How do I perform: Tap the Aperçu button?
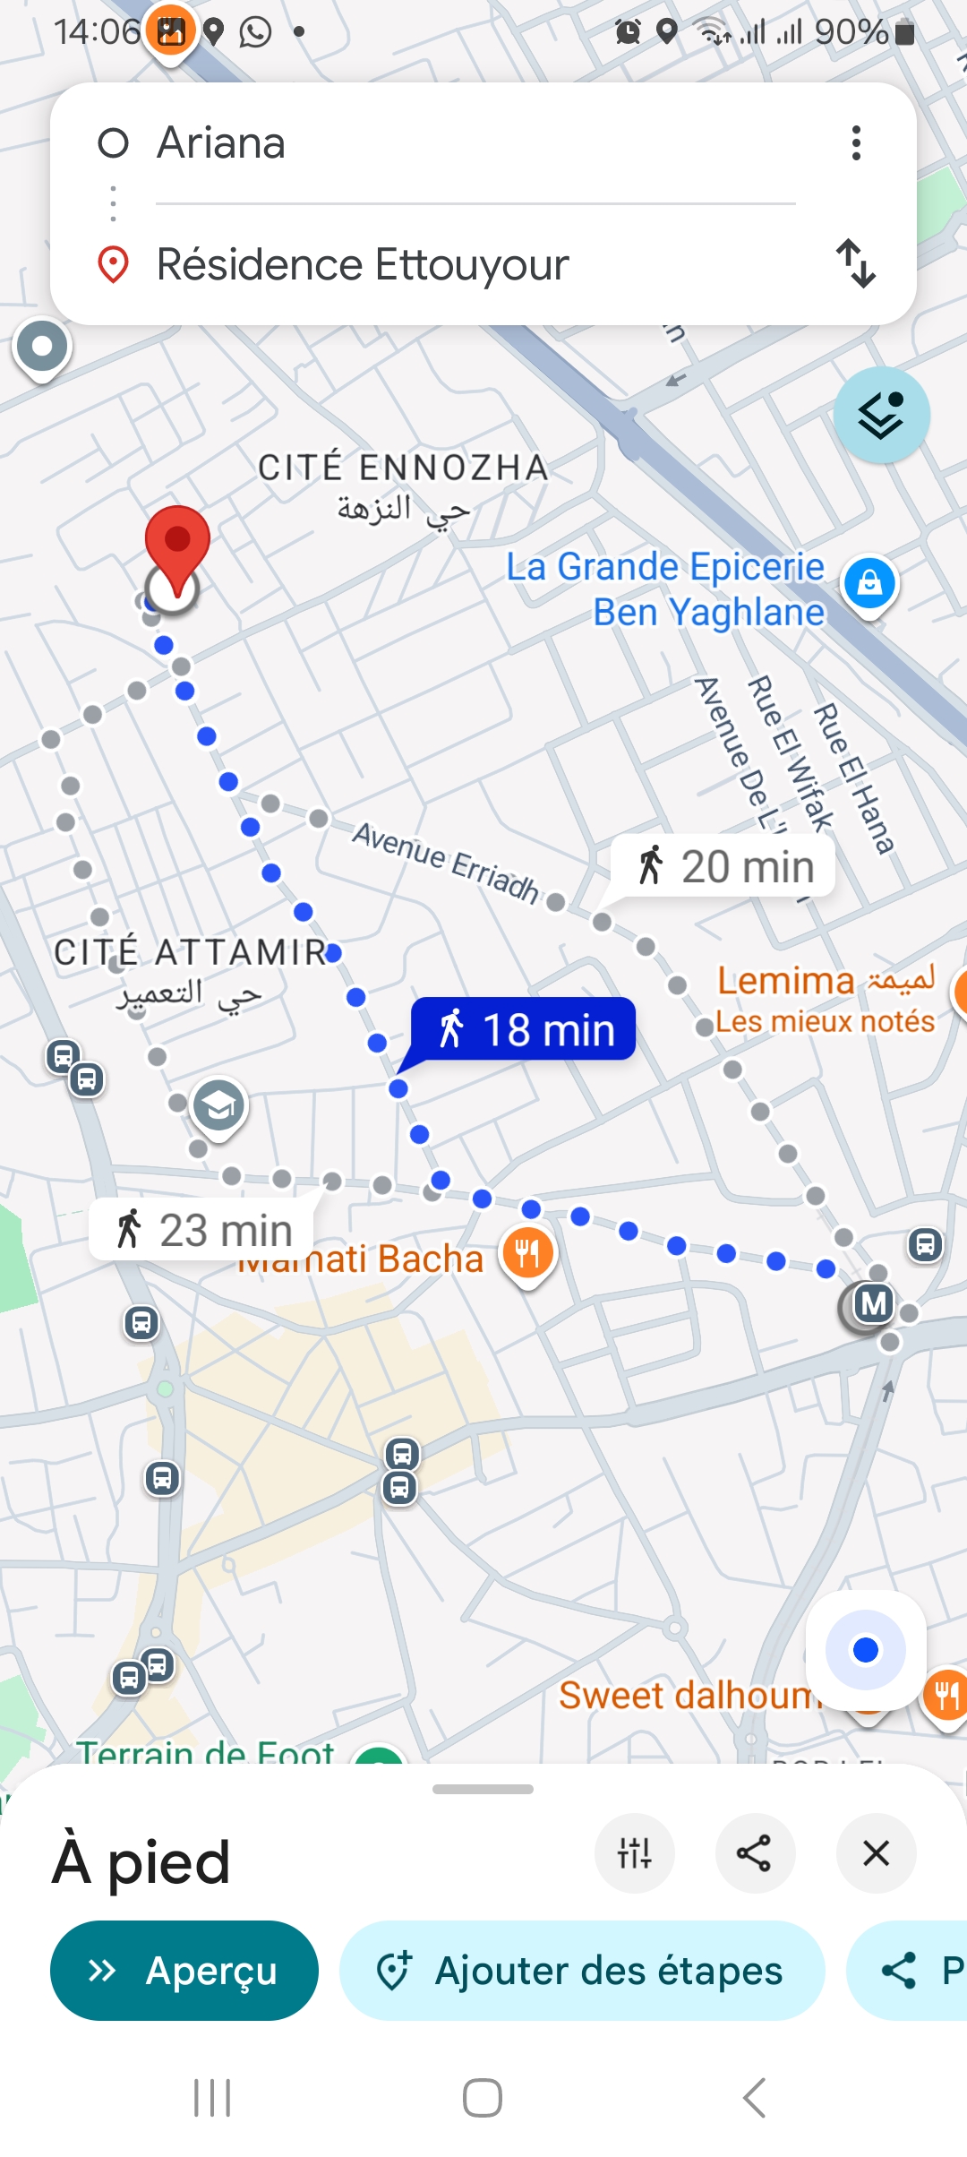[184, 1970]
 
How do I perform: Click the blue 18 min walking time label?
[524, 1029]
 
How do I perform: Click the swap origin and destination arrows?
[856, 263]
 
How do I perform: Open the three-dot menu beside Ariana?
[856, 143]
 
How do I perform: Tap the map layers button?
[881, 415]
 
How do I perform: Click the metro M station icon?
[873, 1303]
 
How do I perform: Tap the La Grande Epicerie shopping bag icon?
[869, 584]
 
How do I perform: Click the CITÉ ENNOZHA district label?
[403, 468]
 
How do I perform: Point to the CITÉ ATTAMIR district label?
[190, 952]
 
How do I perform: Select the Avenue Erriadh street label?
[445, 861]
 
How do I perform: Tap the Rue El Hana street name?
[853, 778]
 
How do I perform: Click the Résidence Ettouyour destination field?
[363, 265]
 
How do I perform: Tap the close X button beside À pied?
[876, 1853]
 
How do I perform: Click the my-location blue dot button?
[865, 1650]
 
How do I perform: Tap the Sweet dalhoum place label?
[686, 1696]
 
